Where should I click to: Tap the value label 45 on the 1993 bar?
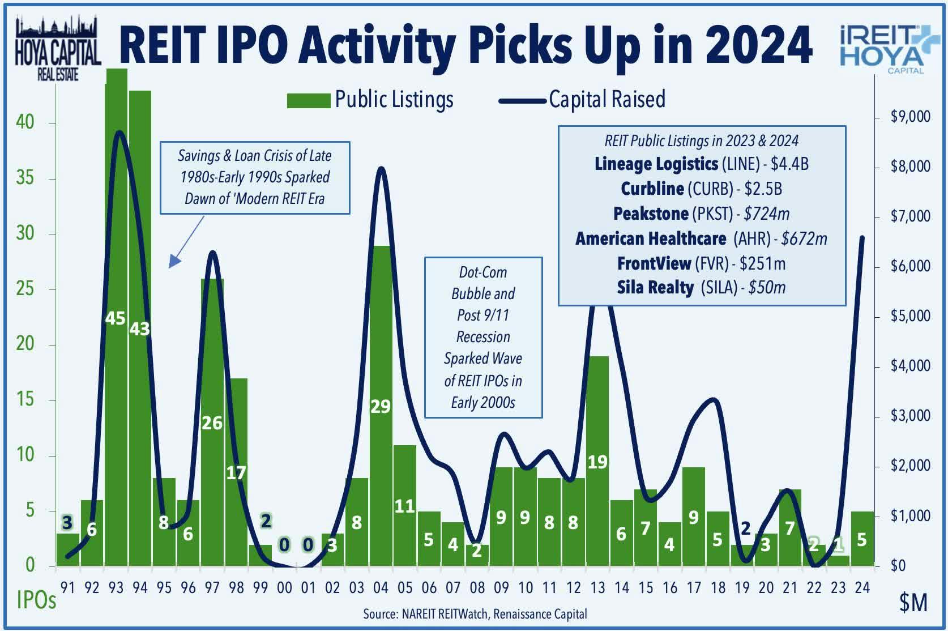[115, 318]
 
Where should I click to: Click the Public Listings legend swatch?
[308, 101]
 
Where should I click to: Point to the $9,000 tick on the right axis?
[910, 117]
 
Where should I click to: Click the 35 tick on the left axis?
[25, 178]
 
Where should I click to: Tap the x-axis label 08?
[477, 588]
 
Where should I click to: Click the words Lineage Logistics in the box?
[656, 164]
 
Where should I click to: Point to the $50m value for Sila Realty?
[767, 288]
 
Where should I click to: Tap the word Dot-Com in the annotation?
[482, 272]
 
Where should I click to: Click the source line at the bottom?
[475, 614]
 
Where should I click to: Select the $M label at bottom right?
[913, 603]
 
